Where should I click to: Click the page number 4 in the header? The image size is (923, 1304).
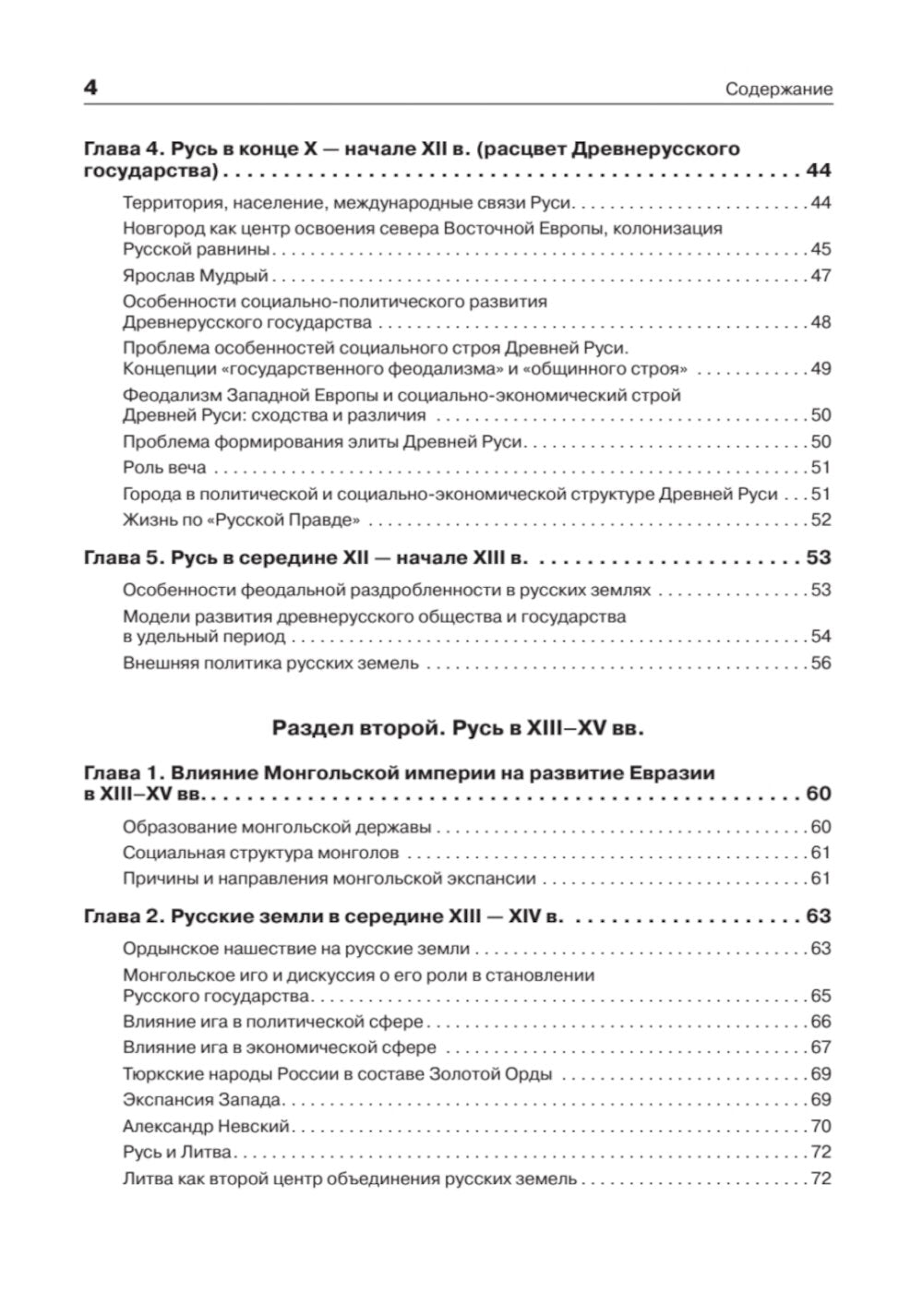pyautogui.click(x=90, y=89)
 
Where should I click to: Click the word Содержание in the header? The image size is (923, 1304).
pyautogui.click(x=778, y=90)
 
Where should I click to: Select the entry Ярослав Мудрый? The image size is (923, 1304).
pyautogui.click(x=195, y=275)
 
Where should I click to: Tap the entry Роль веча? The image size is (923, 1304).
pyautogui.click(x=164, y=467)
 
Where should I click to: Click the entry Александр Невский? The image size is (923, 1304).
pyautogui.click(x=206, y=1126)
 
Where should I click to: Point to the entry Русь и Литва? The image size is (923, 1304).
pyautogui.click(x=177, y=1152)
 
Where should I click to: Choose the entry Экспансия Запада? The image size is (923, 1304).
pyautogui.click(x=202, y=1099)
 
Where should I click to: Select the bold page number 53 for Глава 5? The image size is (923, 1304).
pyautogui.click(x=818, y=557)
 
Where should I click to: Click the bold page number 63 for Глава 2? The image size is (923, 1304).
pyautogui.click(x=818, y=915)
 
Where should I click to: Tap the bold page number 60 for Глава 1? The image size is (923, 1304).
pyautogui.click(x=818, y=794)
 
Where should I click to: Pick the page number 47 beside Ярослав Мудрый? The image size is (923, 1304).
pyautogui.click(x=821, y=275)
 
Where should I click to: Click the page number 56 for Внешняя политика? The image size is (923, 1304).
pyautogui.click(x=821, y=663)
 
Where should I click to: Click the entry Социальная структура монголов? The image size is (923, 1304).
pyautogui.click(x=260, y=853)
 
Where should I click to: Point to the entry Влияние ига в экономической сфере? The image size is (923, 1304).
pyautogui.click(x=279, y=1047)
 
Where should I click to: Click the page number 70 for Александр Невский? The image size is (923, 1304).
pyautogui.click(x=821, y=1126)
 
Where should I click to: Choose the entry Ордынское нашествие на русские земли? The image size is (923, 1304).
pyautogui.click(x=295, y=949)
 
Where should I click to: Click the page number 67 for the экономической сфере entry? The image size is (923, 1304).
pyautogui.click(x=821, y=1047)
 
